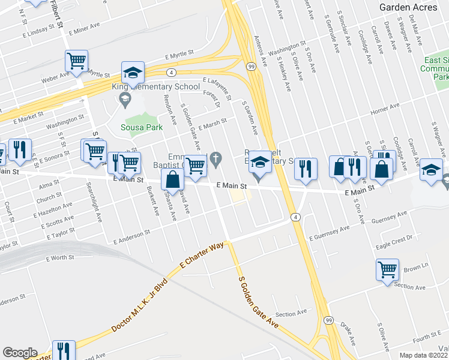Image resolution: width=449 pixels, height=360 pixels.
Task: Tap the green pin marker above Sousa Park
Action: tap(125, 103)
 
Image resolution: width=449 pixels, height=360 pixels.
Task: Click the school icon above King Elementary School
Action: tap(133, 73)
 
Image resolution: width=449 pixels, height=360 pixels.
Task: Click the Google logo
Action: tap(19, 353)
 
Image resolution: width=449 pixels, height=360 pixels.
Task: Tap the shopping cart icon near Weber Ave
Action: tap(76, 61)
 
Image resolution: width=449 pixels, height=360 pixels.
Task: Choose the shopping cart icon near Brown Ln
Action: tap(387, 269)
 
